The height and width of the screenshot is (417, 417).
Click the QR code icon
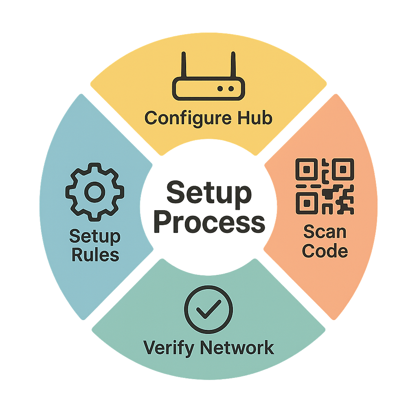point(325,187)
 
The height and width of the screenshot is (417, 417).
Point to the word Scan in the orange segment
point(325,232)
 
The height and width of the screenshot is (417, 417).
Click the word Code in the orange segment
point(325,251)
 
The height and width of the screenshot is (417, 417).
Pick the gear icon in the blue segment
point(95,192)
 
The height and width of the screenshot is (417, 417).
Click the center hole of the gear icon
point(95,192)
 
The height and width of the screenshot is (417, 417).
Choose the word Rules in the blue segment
point(95,255)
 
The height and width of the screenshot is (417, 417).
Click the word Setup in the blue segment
point(95,236)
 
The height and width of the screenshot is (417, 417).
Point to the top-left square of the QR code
point(306,169)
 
